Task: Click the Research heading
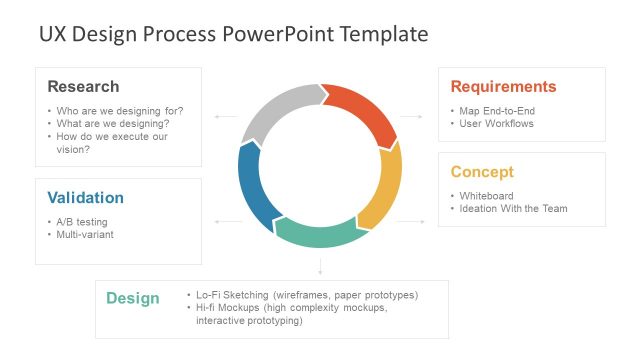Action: [83, 86]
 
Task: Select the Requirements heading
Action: [503, 86]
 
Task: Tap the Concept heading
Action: [482, 171]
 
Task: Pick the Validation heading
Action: [86, 197]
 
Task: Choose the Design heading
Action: [133, 298]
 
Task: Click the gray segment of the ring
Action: [278, 110]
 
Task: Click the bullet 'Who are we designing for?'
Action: [120, 111]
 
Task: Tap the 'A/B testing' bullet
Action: [82, 222]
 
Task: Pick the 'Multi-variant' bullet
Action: [88, 234]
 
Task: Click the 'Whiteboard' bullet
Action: [486, 196]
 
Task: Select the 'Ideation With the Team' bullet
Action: [513, 209]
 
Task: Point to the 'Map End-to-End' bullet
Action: [497, 111]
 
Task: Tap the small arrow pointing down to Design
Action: [320, 267]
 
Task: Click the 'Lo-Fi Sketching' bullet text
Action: [235, 295]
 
